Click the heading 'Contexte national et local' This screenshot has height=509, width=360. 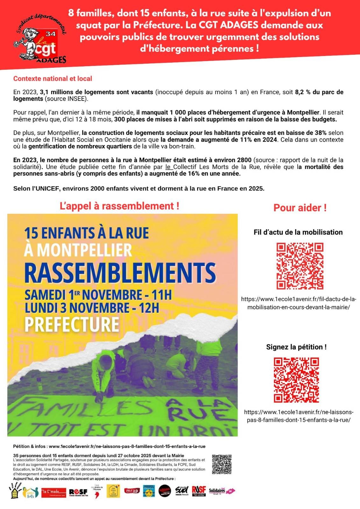tap(53, 79)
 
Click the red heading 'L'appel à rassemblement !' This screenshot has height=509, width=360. tap(119, 206)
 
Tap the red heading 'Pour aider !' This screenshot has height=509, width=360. tap(300, 208)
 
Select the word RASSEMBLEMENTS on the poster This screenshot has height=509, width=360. tap(120, 273)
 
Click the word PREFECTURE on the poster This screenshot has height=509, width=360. tap(72, 324)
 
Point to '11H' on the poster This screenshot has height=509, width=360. tap(161, 295)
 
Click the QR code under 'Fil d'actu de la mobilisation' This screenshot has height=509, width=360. tap(300, 266)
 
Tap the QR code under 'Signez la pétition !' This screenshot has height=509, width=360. tap(296, 380)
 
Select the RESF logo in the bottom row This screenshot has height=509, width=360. tap(78, 492)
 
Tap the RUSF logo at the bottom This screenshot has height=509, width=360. tap(199, 491)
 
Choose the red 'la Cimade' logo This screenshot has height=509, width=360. tap(54, 492)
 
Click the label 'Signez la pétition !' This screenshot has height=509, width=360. tap(296, 347)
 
